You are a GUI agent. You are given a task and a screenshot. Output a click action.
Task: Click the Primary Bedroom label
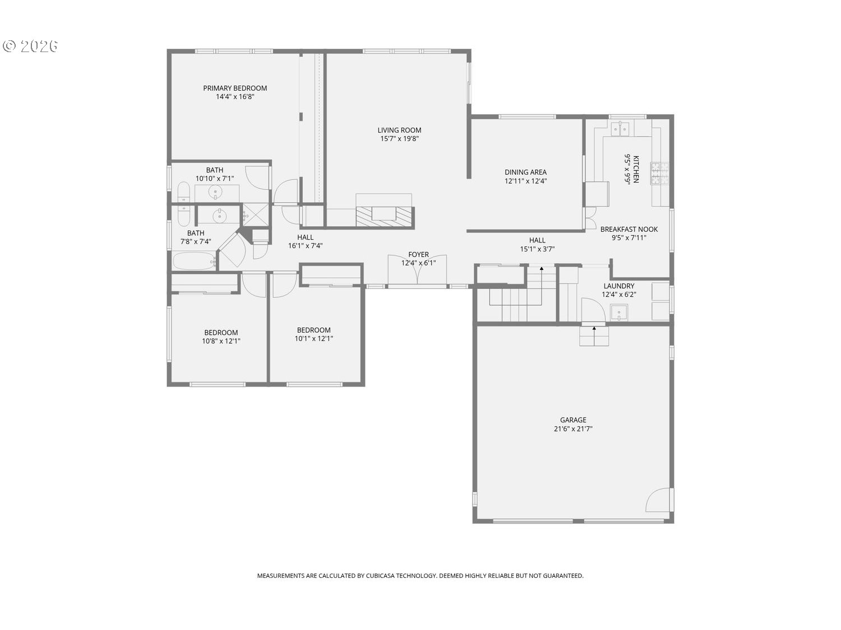coord(235,88)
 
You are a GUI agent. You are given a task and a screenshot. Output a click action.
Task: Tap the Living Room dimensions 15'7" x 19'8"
coord(399,139)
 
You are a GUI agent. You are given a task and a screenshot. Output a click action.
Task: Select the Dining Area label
coord(525,172)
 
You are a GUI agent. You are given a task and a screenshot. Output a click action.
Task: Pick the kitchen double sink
coord(620,129)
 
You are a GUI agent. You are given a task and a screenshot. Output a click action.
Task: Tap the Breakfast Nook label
coord(629,230)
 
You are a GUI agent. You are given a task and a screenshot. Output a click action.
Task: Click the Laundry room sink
coord(619,312)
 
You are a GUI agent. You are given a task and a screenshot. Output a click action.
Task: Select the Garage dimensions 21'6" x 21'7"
coord(573,429)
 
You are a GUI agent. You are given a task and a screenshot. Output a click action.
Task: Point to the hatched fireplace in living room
coord(384,217)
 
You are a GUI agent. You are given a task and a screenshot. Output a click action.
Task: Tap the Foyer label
coord(418,255)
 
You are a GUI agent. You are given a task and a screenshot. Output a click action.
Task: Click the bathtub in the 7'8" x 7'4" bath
coord(195,262)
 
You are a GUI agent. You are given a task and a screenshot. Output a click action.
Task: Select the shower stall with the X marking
coord(256,215)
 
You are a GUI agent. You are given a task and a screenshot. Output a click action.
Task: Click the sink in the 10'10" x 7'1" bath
coord(216,192)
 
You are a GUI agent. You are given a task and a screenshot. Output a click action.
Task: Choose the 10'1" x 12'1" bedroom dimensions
coord(314,339)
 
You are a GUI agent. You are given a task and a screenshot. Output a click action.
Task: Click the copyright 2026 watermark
coord(30,46)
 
